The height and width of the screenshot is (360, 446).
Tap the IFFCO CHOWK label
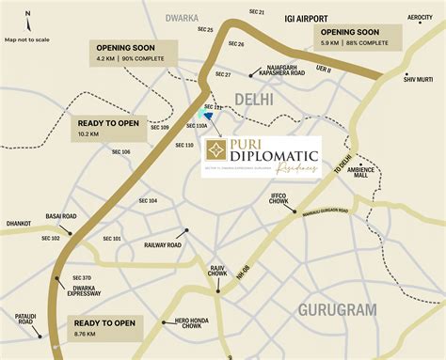point(279,199)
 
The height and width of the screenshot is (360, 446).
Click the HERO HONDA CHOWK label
point(192,325)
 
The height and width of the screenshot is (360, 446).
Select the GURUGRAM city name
point(337,308)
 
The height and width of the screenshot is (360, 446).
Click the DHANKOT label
point(18,224)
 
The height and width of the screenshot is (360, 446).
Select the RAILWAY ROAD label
point(162,244)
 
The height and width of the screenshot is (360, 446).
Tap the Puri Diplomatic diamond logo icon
point(216,151)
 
